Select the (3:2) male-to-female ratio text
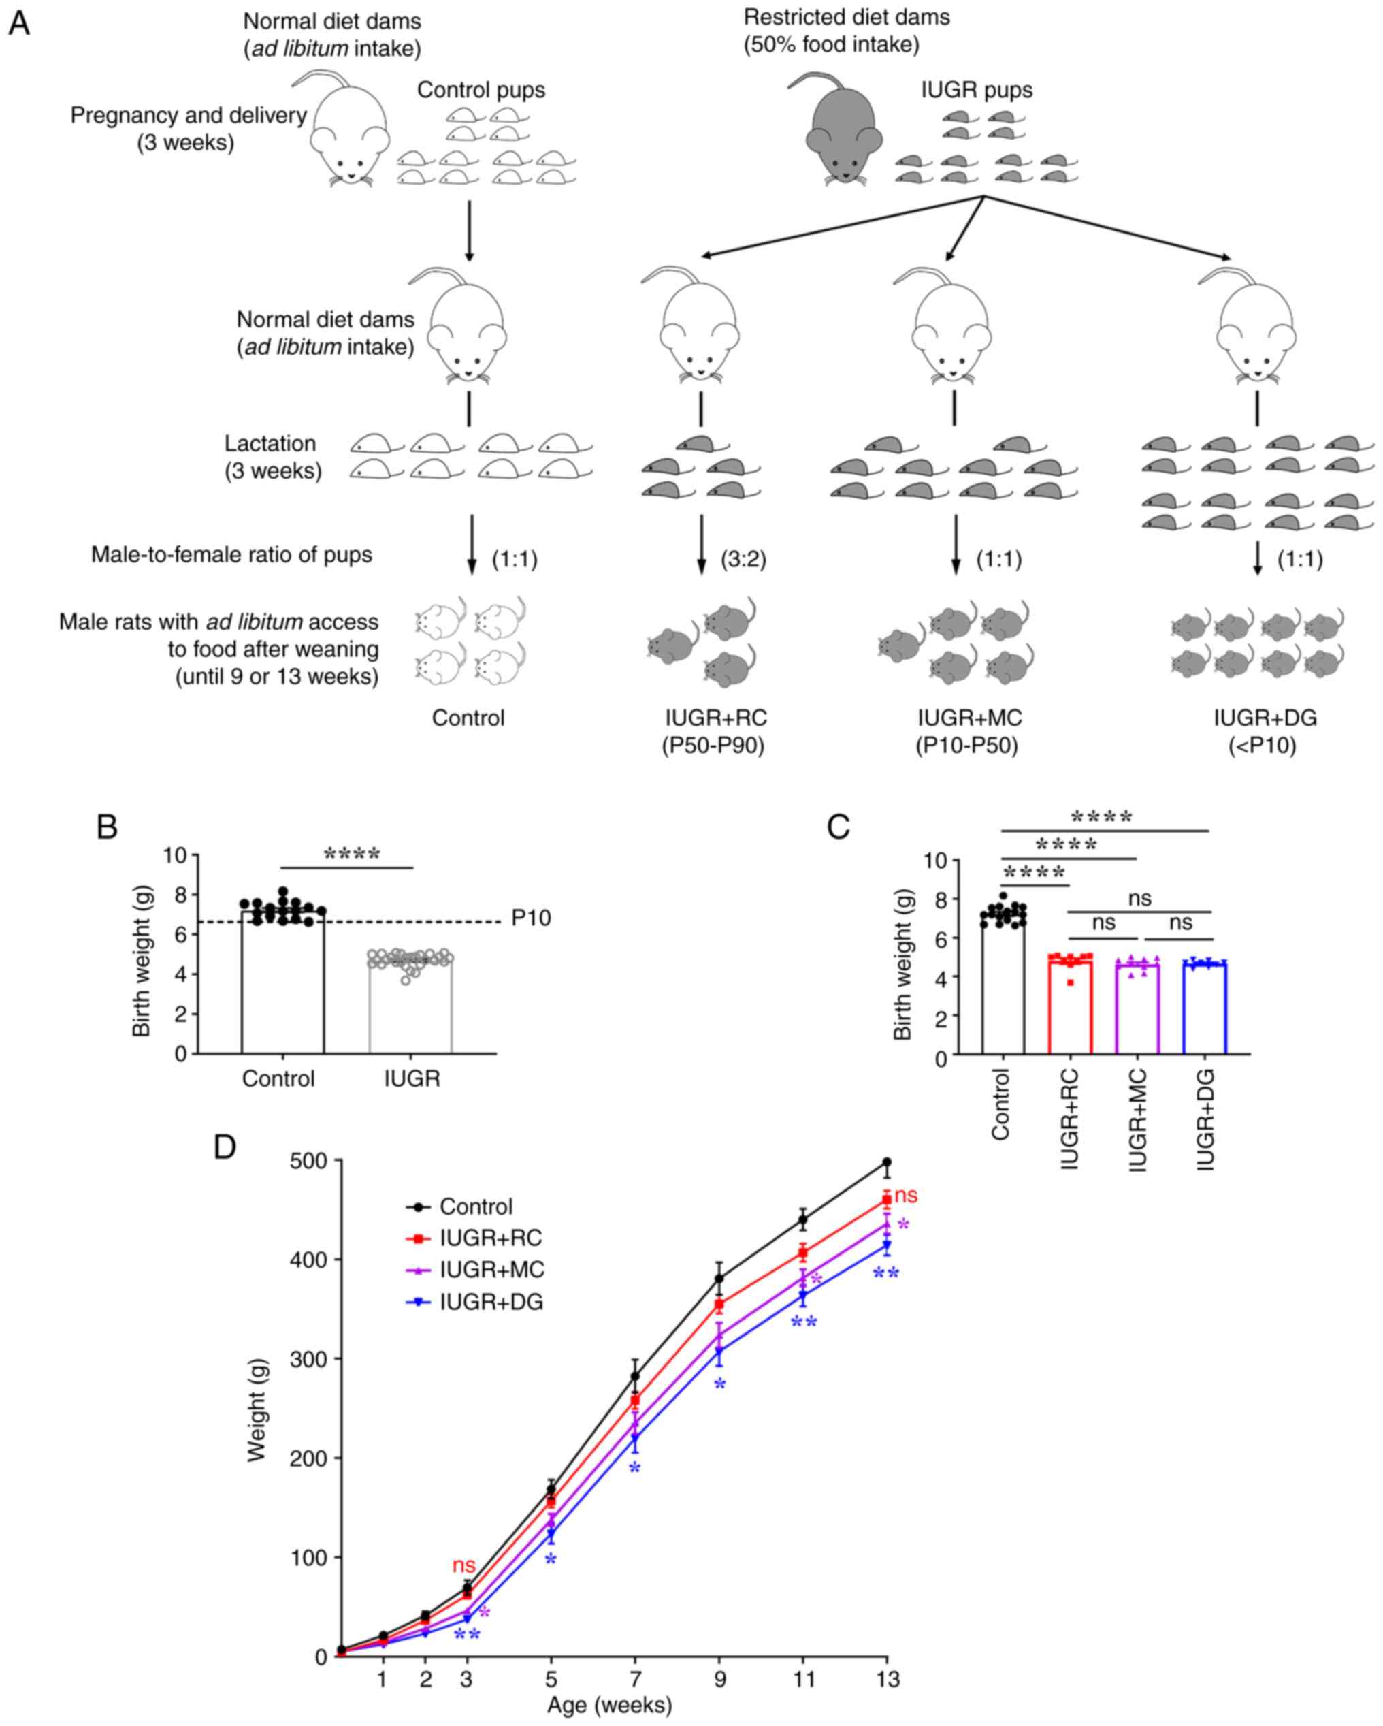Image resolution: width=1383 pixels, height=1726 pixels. (743, 559)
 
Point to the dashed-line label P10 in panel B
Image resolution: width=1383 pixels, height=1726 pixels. (531, 918)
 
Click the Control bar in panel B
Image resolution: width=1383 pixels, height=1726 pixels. (282, 985)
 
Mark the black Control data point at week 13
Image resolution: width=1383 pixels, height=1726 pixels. (887, 1162)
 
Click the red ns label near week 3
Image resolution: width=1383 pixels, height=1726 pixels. (464, 1565)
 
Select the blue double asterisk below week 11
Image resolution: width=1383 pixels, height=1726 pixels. (804, 1322)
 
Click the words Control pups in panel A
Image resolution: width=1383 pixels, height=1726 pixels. (481, 90)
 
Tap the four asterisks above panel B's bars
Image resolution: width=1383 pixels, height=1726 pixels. (351, 855)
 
